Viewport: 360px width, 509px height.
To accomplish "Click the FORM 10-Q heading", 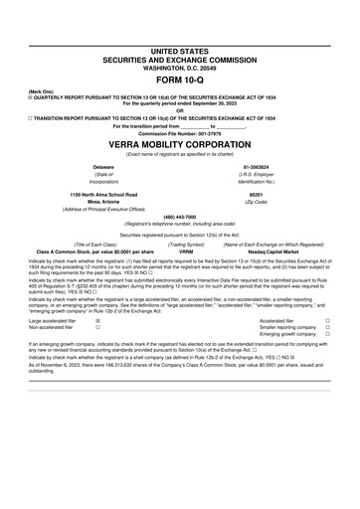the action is (179, 78).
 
